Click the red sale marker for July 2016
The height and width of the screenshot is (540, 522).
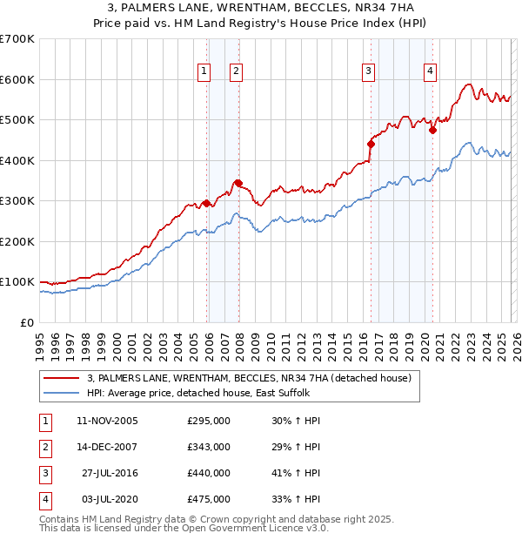tap(371, 144)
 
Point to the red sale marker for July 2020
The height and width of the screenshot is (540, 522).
tap(432, 130)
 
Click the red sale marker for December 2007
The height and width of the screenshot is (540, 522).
tap(238, 183)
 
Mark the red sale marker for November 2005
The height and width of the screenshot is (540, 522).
tap(206, 203)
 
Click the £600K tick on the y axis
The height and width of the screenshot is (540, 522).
tap(17, 79)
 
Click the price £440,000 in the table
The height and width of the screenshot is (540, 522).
tap(209, 473)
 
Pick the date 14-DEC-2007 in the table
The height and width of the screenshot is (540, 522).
tap(107, 447)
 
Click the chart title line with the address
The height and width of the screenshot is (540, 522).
tap(261, 9)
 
